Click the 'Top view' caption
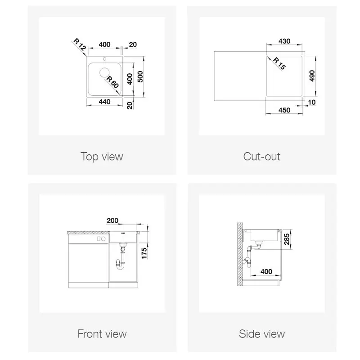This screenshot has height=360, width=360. coord(102,157)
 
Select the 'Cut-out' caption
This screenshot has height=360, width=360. coord(261,157)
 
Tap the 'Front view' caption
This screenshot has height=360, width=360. coord(102,334)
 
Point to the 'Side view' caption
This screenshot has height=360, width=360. coord(262,334)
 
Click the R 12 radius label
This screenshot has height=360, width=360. coord(80,45)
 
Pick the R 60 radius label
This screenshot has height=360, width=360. coord(112,82)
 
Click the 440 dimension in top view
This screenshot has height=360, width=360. coord(104,102)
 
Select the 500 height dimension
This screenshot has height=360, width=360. coord(140,76)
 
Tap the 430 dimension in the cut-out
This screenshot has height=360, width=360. coord(284,41)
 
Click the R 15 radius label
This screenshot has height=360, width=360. coord(279,63)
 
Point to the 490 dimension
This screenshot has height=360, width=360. coord(312,76)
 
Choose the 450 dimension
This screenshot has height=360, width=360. coord(284,110)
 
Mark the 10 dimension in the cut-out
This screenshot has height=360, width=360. coord(311,102)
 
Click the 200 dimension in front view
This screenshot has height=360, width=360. coord(112,220)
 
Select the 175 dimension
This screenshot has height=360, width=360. coord(144,253)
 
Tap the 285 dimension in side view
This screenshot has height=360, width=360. coord(287,239)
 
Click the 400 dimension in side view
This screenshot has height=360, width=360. coord(266,272)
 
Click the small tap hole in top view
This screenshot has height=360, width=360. coord(104,59)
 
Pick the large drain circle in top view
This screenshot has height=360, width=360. coord(105,72)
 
